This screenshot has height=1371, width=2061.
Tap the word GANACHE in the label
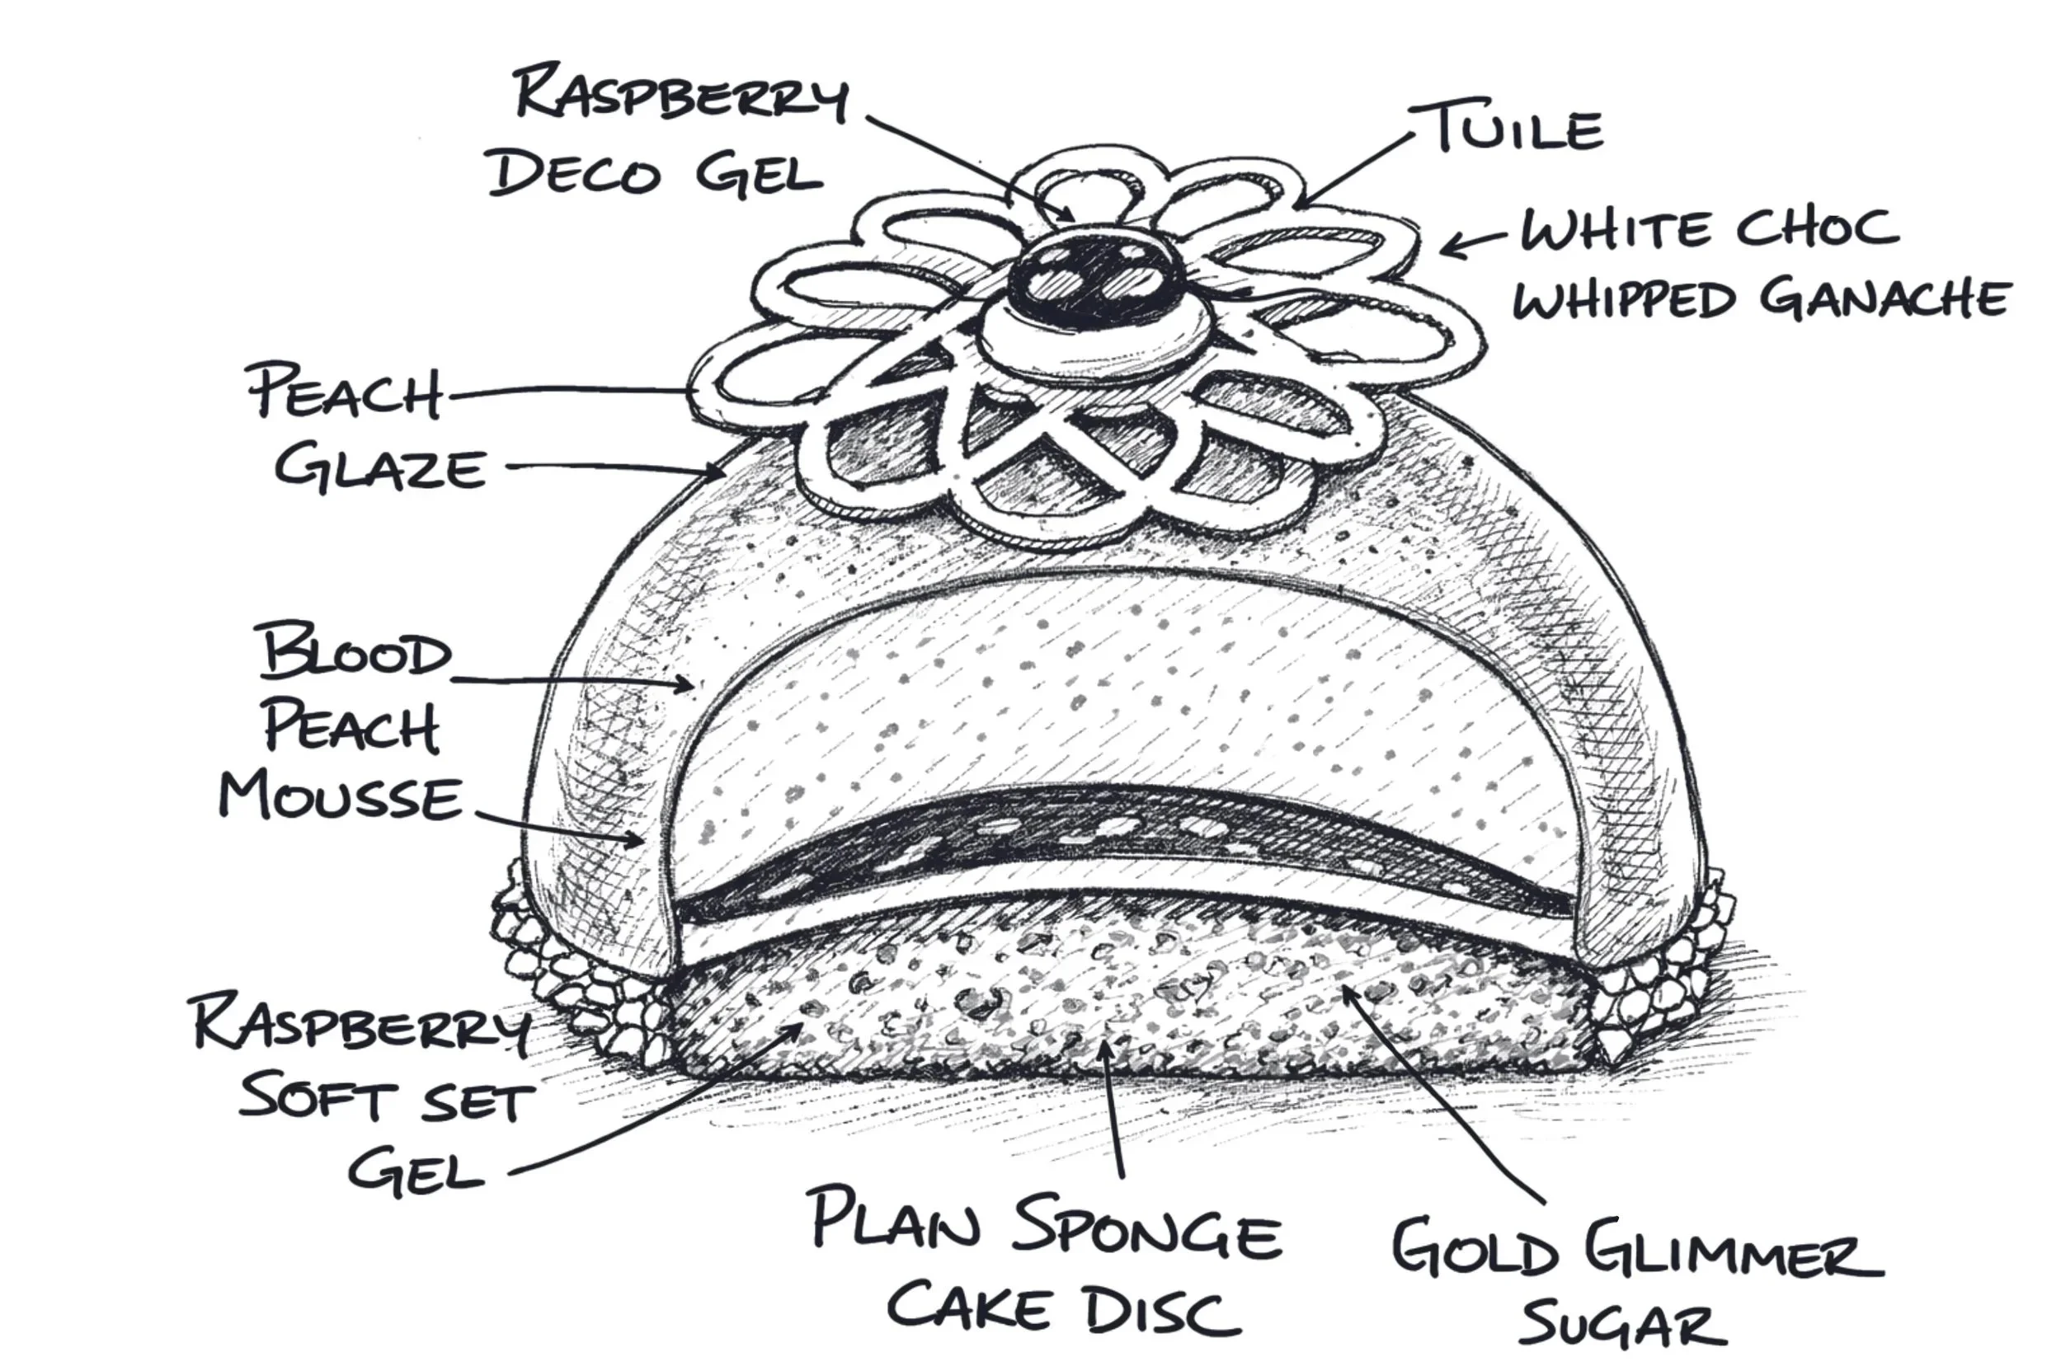(x=1886, y=301)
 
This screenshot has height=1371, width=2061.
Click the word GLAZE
(x=381, y=468)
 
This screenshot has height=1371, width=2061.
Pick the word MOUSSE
(x=341, y=797)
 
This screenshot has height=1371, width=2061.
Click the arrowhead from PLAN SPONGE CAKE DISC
(x=1107, y=1047)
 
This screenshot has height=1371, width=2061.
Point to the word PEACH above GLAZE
(x=346, y=393)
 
